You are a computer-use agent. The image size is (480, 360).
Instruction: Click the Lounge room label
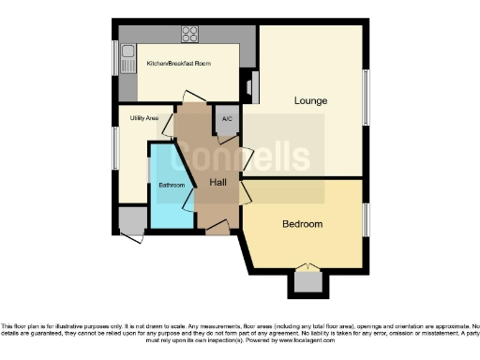309,100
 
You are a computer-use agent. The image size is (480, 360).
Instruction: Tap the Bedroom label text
303,224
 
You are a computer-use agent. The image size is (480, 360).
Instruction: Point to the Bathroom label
172,186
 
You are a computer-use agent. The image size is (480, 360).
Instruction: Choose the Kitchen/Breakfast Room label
178,64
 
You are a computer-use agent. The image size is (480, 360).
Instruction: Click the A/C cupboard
225,119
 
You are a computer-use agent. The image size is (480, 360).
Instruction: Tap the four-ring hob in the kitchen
190,33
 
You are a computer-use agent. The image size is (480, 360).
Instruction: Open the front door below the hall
217,228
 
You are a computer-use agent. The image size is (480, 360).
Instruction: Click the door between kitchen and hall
194,97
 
